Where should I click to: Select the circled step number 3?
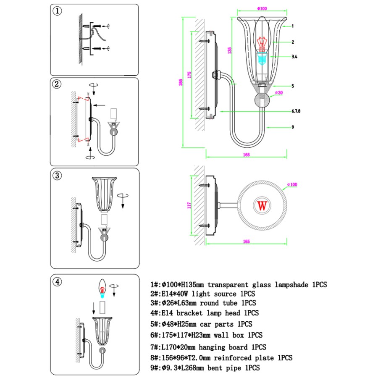(x=58, y=174)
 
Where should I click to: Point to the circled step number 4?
(x=58, y=281)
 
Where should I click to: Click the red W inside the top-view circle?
(x=262, y=206)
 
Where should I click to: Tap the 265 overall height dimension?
(x=181, y=82)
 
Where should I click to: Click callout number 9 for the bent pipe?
(x=293, y=127)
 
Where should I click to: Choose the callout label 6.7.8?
(x=296, y=111)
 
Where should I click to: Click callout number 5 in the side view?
(x=293, y=86)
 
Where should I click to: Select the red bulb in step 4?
(x=102, y=288)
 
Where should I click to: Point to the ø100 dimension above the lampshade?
(x=262, y=8)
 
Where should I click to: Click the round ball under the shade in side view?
(x=263, y=101)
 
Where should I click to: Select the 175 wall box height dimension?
(x=190, y=75)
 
